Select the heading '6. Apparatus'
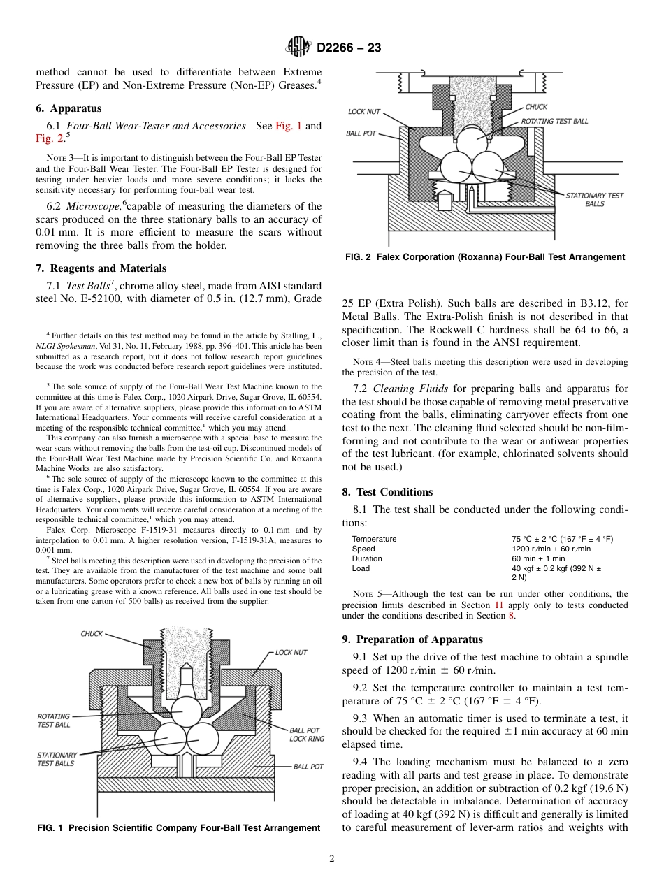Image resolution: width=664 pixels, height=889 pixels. [68, 108]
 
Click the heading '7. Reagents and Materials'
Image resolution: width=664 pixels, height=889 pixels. [101, 268]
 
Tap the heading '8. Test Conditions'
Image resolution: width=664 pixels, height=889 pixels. [387, 492]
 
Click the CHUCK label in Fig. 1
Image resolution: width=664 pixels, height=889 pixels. [92, 634]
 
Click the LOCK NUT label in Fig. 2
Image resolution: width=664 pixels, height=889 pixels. [364, 112]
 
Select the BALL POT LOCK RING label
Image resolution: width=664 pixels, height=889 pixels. [306, 735]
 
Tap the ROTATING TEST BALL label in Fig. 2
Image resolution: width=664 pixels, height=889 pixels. [554, 121]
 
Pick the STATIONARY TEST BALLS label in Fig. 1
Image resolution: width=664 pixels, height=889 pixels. [57, 759]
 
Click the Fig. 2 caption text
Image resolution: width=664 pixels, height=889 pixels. [485, 257]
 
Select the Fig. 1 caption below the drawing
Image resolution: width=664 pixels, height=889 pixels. [178, 828]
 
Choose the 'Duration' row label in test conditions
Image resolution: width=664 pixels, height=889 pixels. [367, 558]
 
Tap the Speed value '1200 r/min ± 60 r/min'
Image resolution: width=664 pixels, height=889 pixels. [551, 549]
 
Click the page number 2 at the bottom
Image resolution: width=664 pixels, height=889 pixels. [332, 859]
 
